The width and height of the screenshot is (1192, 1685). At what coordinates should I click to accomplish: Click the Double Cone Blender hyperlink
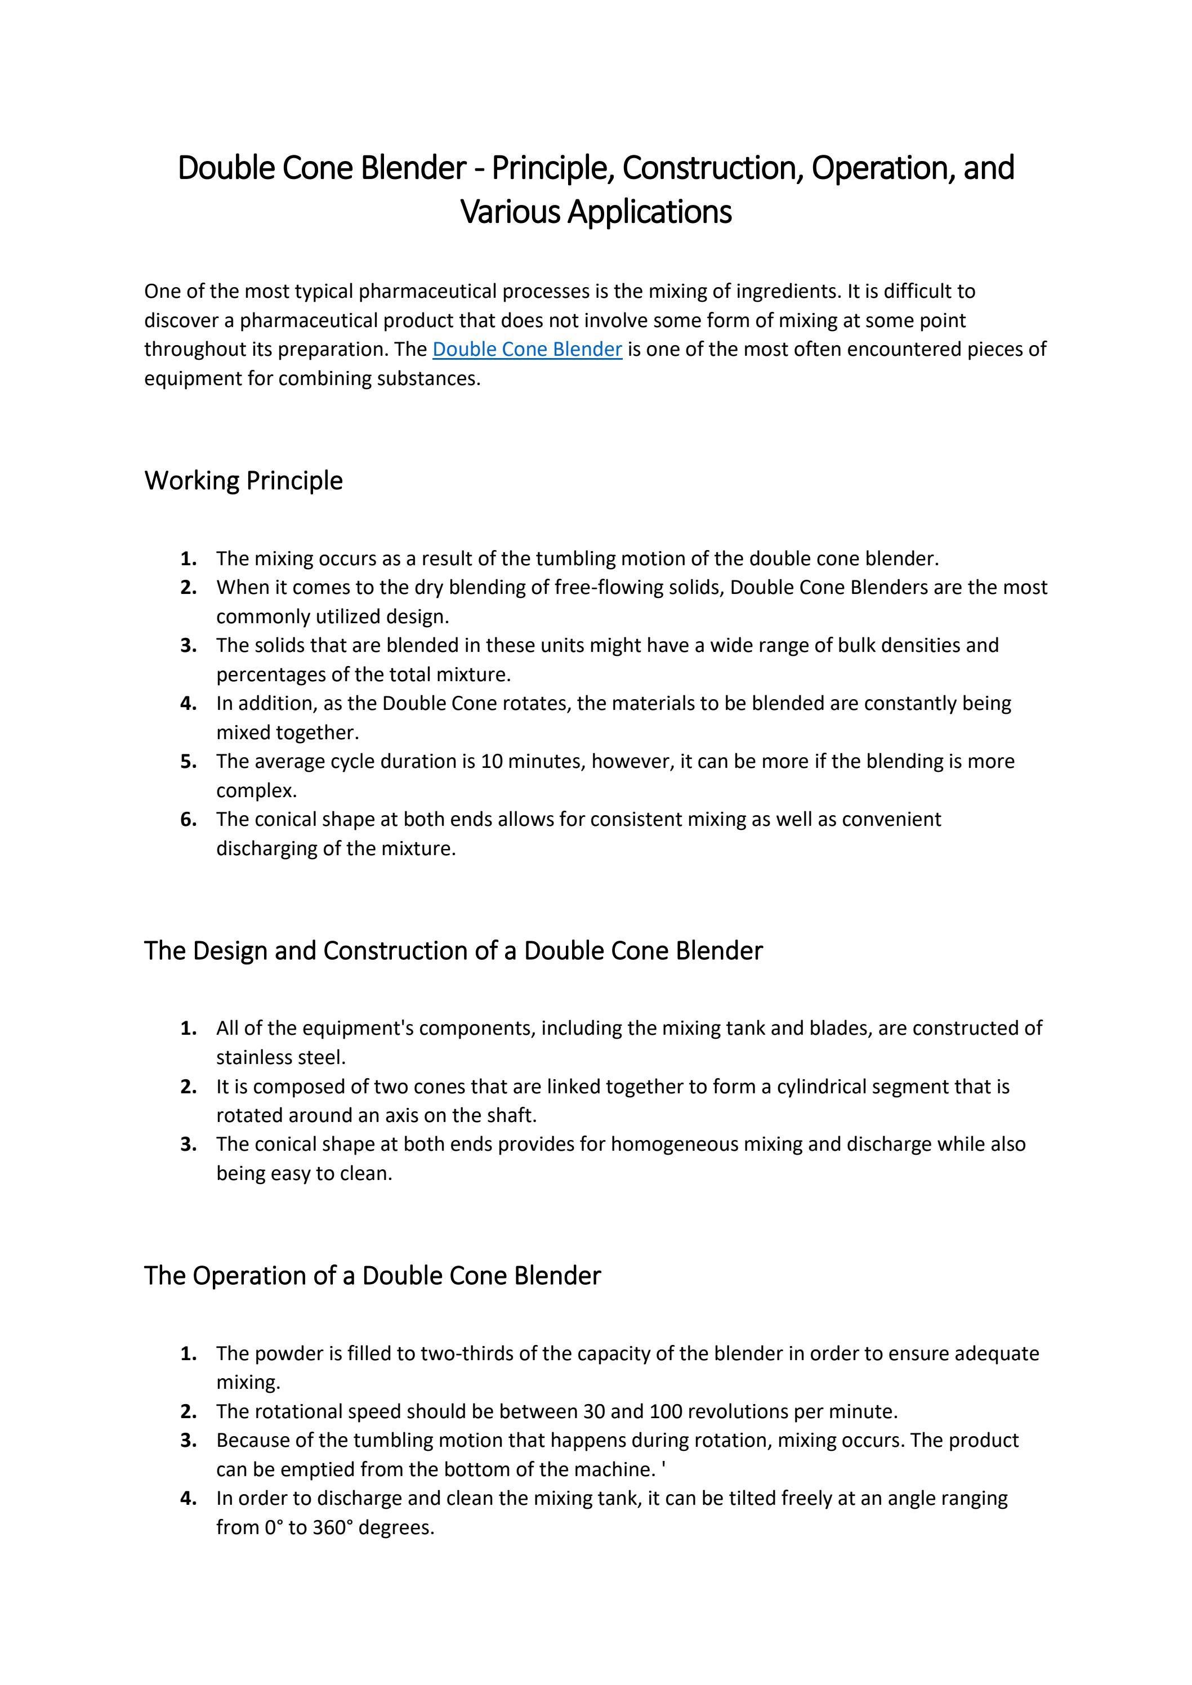point(527,349)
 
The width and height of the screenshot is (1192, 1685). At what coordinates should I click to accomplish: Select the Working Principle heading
point(244,481)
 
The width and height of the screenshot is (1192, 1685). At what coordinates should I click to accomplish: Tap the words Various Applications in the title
point(596,212)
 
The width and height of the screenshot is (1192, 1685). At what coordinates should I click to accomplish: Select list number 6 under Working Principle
point(189,819)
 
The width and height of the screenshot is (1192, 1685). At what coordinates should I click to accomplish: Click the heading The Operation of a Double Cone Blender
point(372,1276)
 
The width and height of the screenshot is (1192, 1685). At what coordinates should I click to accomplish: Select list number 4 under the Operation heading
point(189,1498)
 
